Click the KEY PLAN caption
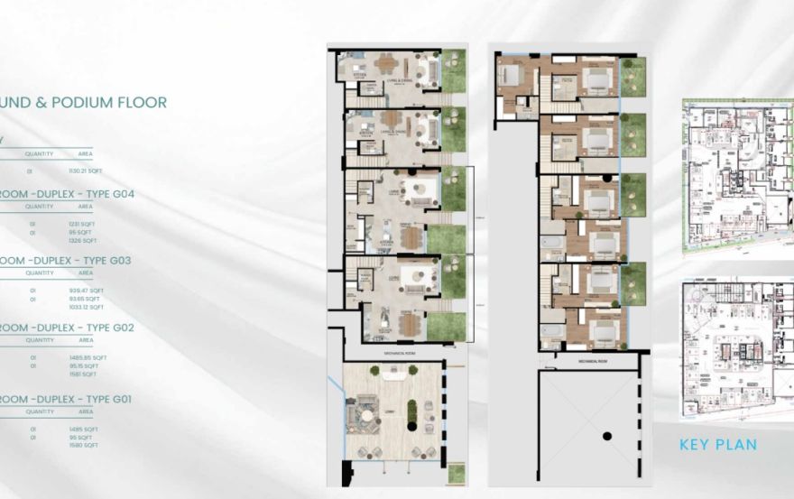pyautogui.click(x=717, y=444)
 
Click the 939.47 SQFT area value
pyautogui.click(x=86, y=291)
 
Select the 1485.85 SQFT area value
pyautogui.click(x=88, y=357)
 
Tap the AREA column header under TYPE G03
pyautogui.click(x=86, y=273)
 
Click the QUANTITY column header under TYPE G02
pyautogui.click(x=40, y=340)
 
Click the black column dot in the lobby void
pyautogui.click(x=607, y=437)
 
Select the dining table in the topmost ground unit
pyautogui.click(x=387, y=63)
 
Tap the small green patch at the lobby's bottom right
pyautogui.click(x=457, y=473)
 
